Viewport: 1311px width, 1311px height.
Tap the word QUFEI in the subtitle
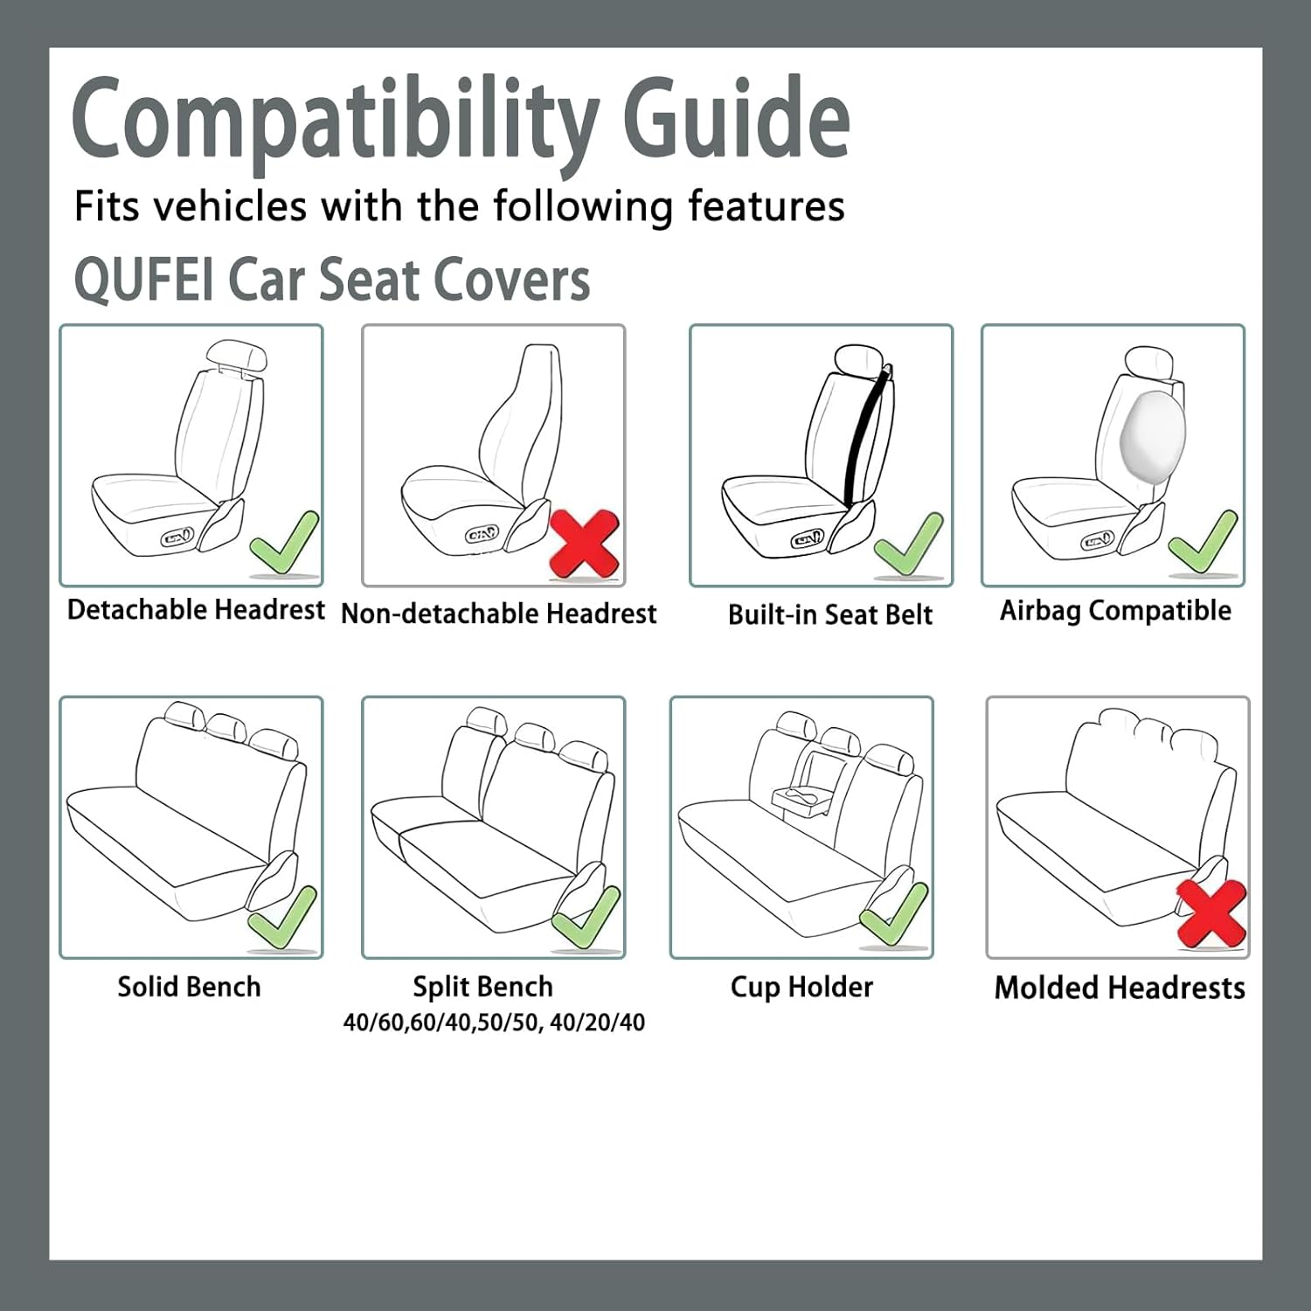143,281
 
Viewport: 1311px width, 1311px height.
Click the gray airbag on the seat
1151,434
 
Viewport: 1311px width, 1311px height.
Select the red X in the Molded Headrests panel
1210,913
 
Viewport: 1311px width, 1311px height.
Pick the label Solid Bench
190,987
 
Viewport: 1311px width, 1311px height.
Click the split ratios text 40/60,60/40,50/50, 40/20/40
494,1022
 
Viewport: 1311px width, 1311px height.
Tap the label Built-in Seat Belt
830,614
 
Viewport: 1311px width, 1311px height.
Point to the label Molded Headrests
1120,988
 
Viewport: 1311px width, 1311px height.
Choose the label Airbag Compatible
1115,610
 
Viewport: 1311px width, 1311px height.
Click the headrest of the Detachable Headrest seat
235,357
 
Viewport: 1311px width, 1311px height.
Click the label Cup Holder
801,987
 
